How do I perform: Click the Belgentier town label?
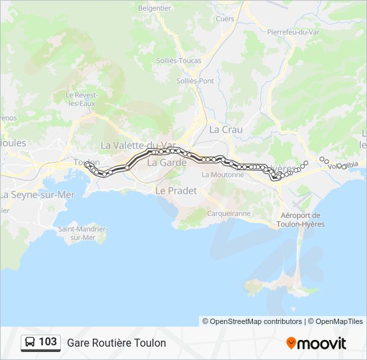click(x=155, y=8)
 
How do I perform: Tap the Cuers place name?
click(x=225, y=19)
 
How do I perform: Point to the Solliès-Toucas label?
click(x=178, y=61)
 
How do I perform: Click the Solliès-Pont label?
click(x=195, y=81)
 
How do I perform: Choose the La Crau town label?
click(x=226, y=129)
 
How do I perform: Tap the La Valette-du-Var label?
click(x=138, y=145)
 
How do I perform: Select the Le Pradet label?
click(x=176, y=190)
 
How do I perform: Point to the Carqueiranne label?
click(x=229, y=213)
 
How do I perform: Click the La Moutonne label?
click(x=222, y=175)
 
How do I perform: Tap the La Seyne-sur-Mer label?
click(x=37, y=195)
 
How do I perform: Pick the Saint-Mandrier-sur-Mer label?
click(x=83, y=233)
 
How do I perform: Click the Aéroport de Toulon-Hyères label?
click(x=300, y=219)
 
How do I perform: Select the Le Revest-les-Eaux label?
click(x=81, y=99)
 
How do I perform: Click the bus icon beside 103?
click(x=31, y=343)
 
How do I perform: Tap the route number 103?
click(x=48, y=342)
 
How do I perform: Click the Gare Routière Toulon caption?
click(x=116, y=343)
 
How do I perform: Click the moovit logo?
click(x=316, y=343)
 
